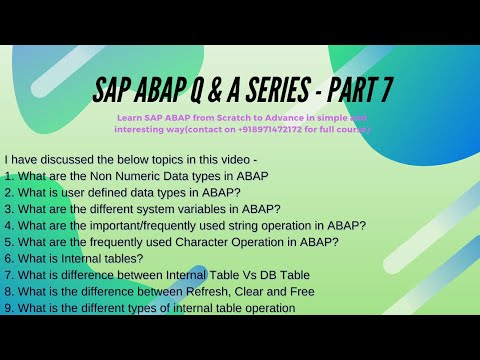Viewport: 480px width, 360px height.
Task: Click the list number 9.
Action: pyautogui.click(x=8, y=308)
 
